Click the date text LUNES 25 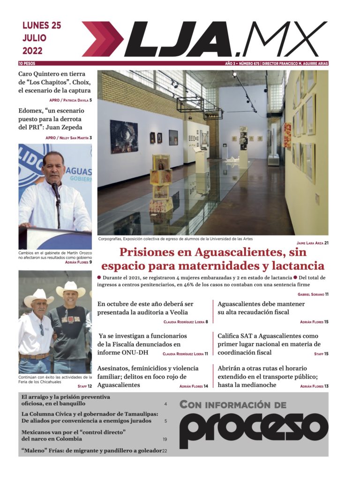[41, 26]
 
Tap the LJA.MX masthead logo [204, 39]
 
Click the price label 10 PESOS [27, 63]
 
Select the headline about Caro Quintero [54, 82]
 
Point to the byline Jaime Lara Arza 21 [312, 243]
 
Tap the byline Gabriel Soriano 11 [313, 294]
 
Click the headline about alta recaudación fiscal [261, 308]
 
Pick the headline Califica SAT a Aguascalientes [268, 344]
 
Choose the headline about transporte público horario [268, 376]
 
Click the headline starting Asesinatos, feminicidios [148, 376]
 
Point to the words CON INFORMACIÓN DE [233, 404]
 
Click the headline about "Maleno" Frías [91, 451]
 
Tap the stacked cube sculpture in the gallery [161, 185]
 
